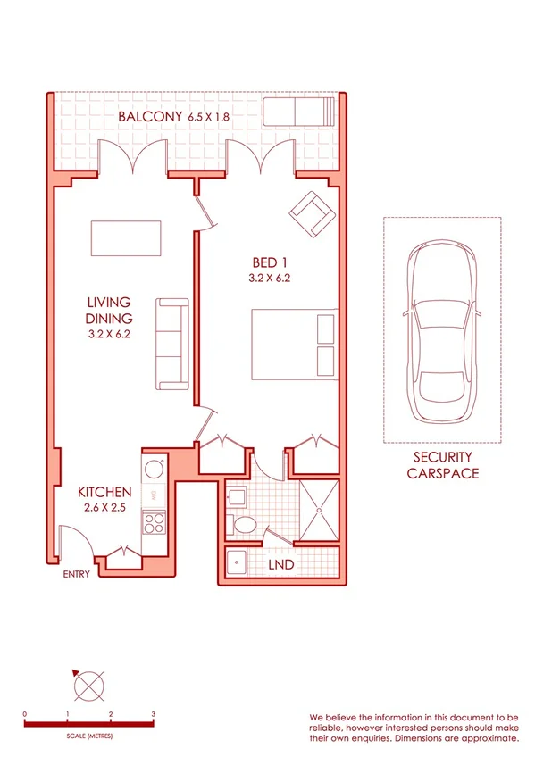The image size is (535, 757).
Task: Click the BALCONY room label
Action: click(x=150, y=117)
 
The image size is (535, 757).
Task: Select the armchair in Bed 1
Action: click(x=310, y=214)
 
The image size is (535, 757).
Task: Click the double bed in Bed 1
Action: click(x=294, y=345)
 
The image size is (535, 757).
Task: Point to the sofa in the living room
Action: click(x=171, y=344)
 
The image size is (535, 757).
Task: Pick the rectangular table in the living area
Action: click(x=126, y=238)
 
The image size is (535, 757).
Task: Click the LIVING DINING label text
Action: click(x=109, y=311)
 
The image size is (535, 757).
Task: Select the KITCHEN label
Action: click(x=104, y=492)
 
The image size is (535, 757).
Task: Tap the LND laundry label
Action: click(x=282, y=565)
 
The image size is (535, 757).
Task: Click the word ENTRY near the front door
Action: click(x=76, y=574)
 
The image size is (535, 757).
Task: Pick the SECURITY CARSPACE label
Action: click(x=442, y=465)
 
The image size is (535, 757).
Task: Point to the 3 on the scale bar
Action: click(x=154, y=714)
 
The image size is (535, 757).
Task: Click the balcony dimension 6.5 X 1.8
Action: click(x=216, y=117)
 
